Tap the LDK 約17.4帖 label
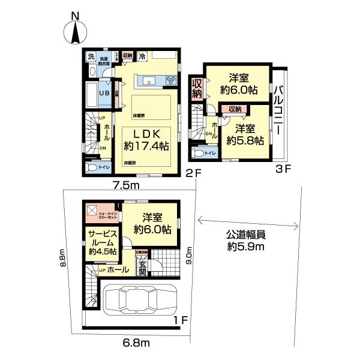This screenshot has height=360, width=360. click(x=146, y=139)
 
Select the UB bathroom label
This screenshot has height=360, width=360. click(x=104, y=94)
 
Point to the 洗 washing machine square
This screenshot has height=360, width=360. click(x=91, y=56)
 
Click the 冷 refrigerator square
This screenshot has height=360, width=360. click(x=143, y=56)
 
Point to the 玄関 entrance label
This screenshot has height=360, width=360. click(x=142, y=268)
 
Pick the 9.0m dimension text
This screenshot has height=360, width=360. click(x=190, y=258)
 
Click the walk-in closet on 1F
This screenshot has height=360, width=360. click(x=101, y=212)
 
